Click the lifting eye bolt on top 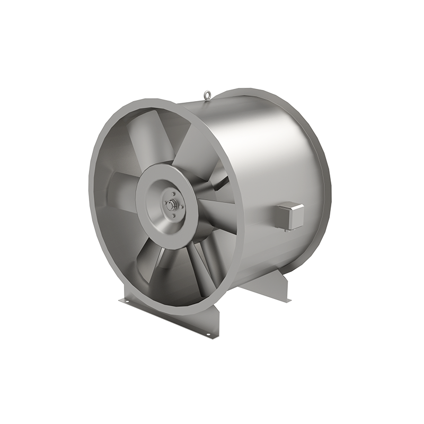tap(207, 95)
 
